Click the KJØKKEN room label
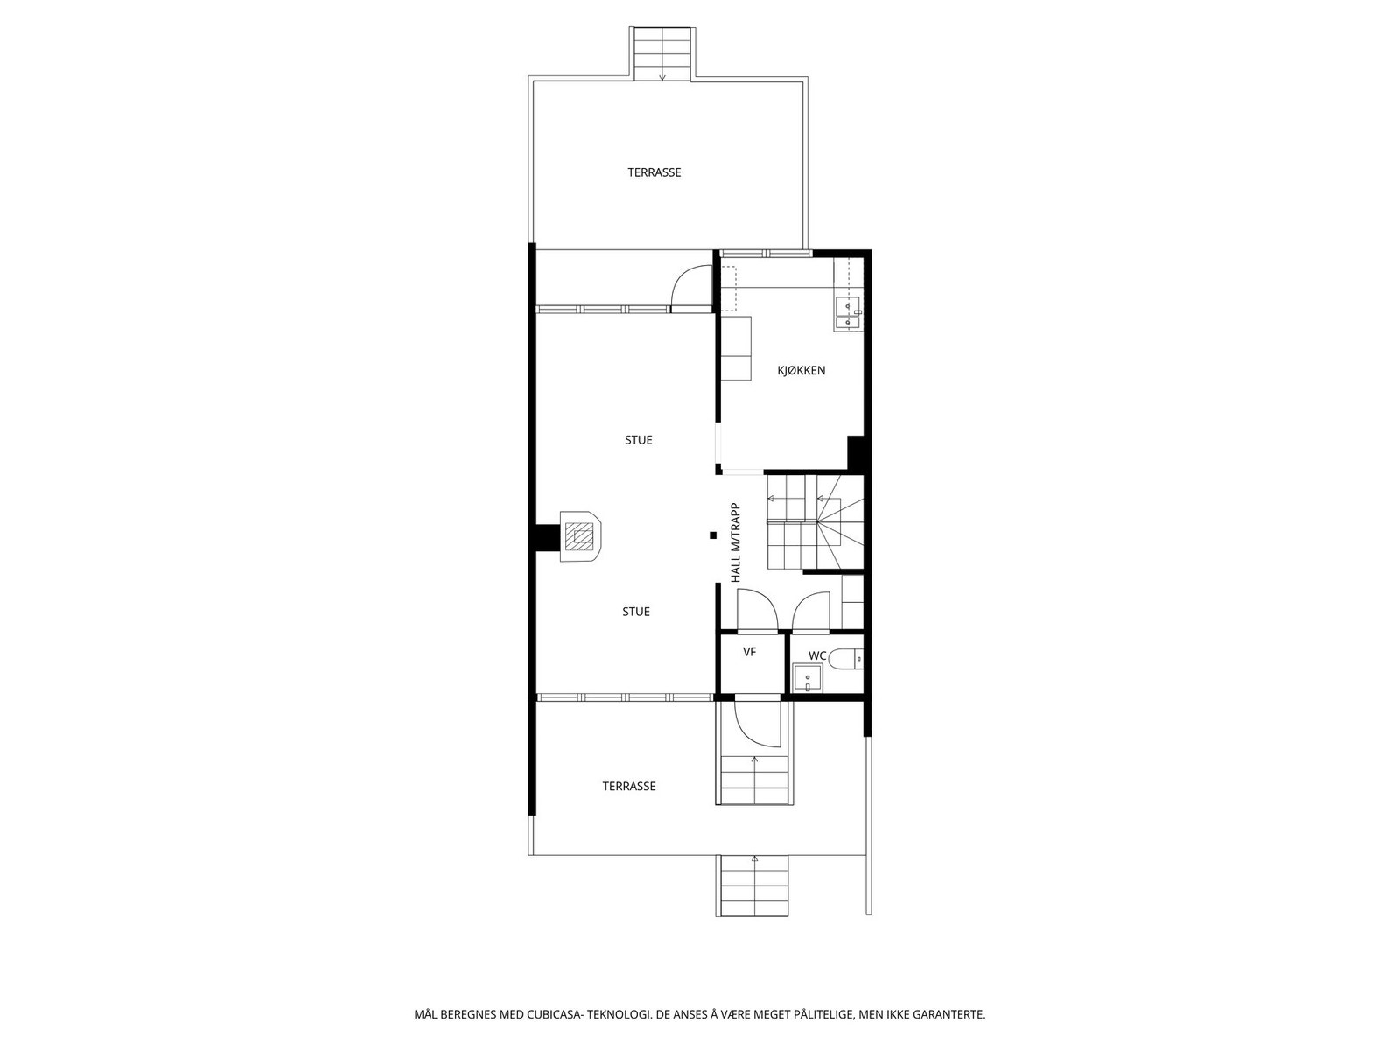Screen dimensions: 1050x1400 [x=801, y=370]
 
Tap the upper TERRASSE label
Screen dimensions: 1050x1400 [x=654, y=172]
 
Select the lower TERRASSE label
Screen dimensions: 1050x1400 [x=628, y=787]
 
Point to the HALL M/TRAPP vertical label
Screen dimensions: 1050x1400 [x=736, y=542]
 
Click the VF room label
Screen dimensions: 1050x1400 [x=749, y=652]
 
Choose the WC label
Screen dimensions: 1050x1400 [x=816, y=655]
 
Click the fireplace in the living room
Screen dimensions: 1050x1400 [x=578, y=535]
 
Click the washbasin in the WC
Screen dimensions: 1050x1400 [x=806, y=678]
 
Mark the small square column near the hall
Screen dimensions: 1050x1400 [x=713, y=535]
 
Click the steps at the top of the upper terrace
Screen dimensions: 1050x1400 [x=662, y=53]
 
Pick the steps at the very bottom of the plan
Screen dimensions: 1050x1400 [x=752, y=885]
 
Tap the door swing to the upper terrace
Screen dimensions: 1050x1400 [x=691, y=286]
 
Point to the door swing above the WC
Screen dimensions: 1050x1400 [x=812, y=611]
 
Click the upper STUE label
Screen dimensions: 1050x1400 [x=638, y=440]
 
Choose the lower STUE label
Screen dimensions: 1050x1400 [x=636, y=612]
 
